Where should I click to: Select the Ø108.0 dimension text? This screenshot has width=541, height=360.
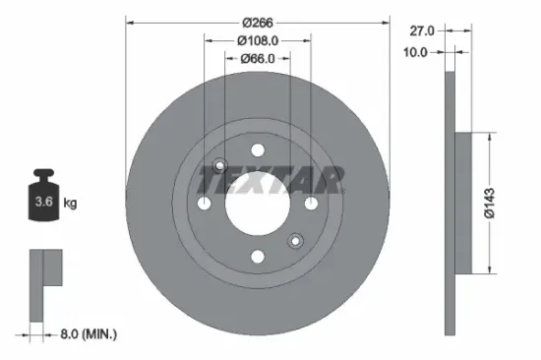(x=259, y=40)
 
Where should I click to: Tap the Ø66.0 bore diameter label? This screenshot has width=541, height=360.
(x=259, y=59)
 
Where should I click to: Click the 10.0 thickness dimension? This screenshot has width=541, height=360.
(x=416, y=52)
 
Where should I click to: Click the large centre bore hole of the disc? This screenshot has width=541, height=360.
(x=258, y=203)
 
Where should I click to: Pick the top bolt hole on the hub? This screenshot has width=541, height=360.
(x=258, y=150)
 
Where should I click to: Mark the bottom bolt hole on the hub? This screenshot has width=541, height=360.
(x=258, y=257)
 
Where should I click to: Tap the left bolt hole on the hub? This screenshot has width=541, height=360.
(x=205, y=203)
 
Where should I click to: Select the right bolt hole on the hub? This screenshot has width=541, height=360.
(x=312, y=203)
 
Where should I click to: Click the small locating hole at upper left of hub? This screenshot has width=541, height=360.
(x=220, y=165)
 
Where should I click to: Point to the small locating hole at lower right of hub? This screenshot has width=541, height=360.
(x=295, y=240)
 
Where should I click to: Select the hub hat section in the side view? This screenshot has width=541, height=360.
(x=472, y=203)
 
